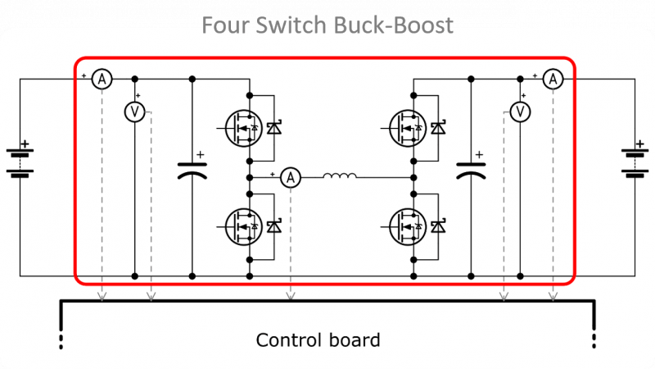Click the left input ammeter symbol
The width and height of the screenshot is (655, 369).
coord(101,79)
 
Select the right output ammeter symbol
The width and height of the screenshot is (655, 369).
coord(553,79)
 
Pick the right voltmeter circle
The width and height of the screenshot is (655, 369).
coord(519,112)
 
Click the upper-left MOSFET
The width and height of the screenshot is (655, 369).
coord(243,127)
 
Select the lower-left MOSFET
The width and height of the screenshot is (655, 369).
coord(243,225)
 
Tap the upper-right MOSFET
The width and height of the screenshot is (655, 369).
coord(407,127)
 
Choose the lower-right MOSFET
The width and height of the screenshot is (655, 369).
coord(407,225)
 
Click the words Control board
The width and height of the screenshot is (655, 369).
coord(318,339)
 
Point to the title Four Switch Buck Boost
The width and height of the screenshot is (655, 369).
coord(327,25)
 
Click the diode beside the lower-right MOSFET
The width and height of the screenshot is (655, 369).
coord(438,225)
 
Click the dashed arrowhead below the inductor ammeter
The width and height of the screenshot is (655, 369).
coord(290,296)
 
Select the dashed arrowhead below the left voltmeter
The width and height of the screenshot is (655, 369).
coord(150,296)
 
